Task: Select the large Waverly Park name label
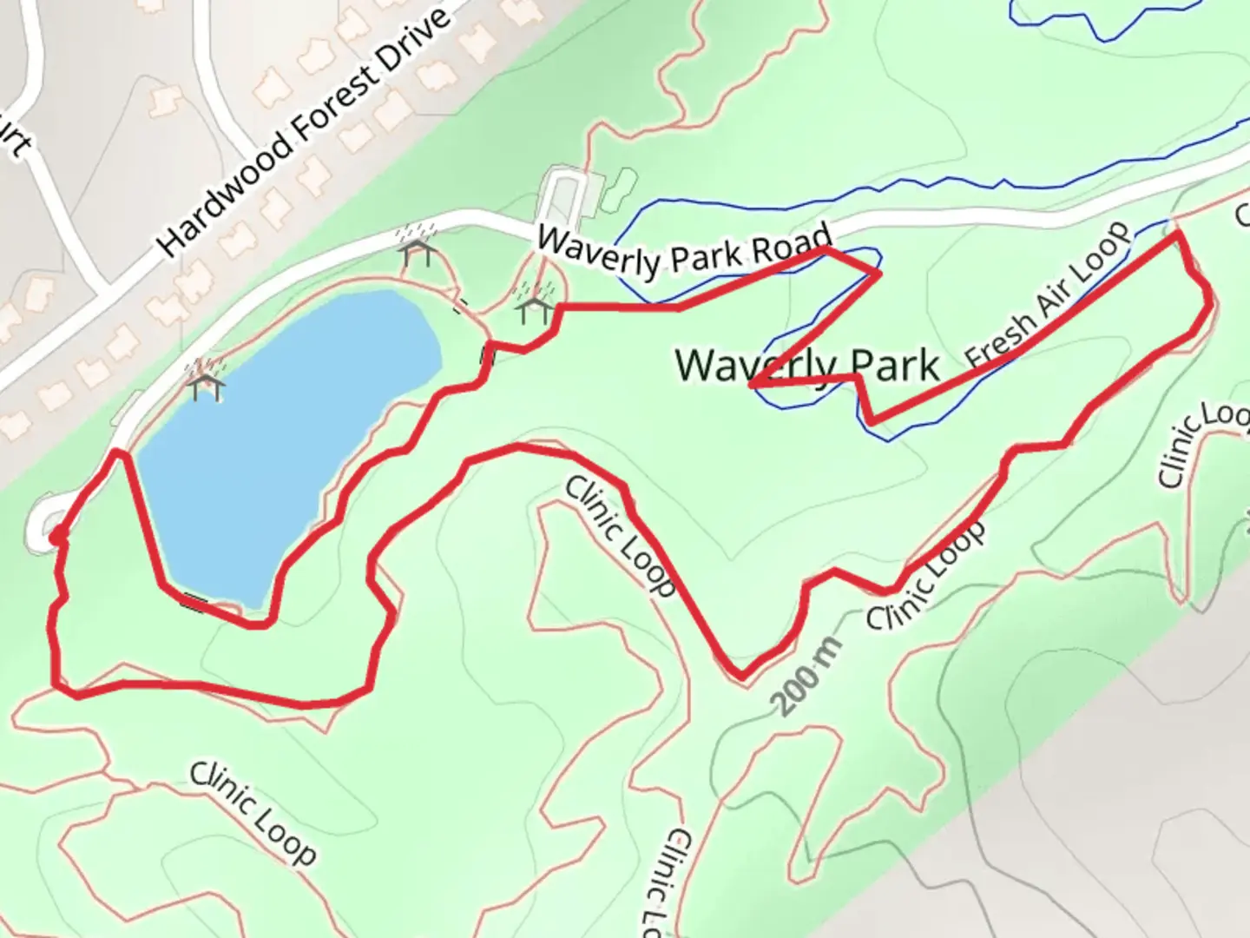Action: click(x=807, y=365)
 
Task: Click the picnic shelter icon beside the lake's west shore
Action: click(x=206, y=383)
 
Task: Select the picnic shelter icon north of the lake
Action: click(x=418, y=253)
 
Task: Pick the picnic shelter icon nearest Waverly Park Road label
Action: click(x=533, y=307)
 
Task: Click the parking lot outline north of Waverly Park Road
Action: click(x=565, y=196)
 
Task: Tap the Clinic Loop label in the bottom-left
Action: click(x=253, y=812)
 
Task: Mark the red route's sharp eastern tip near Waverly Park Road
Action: click(x=879, y=273)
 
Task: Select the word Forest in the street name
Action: click(x=335, y=109)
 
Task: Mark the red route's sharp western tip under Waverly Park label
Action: click(x=750, y=383)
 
